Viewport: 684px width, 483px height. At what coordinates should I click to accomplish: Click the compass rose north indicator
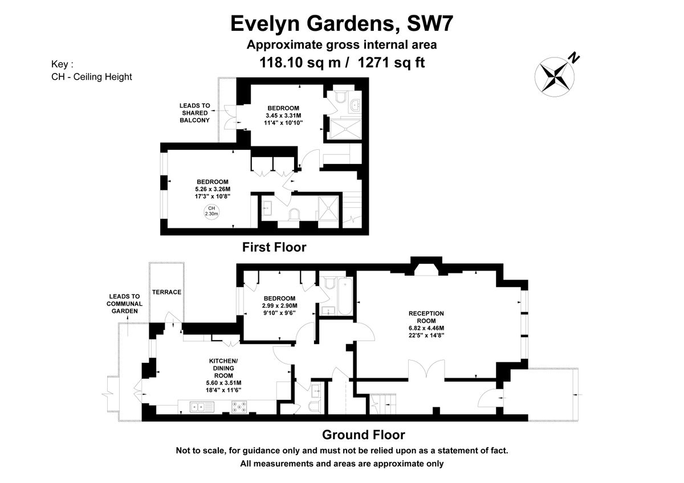(554, 76)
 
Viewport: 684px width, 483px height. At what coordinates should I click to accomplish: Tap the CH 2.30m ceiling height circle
(211, 211)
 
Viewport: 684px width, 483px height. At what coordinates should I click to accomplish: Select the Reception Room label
(426, 317)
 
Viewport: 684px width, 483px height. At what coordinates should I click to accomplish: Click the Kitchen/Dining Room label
(223, 368)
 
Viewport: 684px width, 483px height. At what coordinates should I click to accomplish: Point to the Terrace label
(166, 292)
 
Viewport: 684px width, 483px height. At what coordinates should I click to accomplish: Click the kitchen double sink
(202, 407)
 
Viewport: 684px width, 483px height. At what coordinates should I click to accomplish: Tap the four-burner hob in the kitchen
(239, 407)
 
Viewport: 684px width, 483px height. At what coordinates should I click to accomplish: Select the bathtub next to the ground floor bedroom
(345, 296)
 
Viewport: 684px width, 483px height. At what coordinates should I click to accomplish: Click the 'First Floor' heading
(274, 247)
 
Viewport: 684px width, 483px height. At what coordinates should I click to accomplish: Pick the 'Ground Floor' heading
(364, 435)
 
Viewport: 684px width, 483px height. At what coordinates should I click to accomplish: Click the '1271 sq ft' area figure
(391, 63)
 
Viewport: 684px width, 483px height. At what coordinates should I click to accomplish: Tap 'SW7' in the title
(430, 23)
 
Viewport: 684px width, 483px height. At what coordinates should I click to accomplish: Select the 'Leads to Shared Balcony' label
(194, 113)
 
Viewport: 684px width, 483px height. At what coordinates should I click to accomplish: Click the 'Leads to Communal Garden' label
(124, 304)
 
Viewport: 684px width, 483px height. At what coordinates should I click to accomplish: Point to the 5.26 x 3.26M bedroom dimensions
(213, 189)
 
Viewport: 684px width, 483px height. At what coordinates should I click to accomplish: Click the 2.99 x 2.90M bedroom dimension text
(279, 306)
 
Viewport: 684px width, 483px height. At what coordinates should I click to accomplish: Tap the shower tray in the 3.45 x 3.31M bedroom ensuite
(345, 129)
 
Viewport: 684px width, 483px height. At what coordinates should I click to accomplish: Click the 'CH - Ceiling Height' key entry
(92, 76)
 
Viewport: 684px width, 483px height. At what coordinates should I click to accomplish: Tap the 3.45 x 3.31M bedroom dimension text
(283, 115)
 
